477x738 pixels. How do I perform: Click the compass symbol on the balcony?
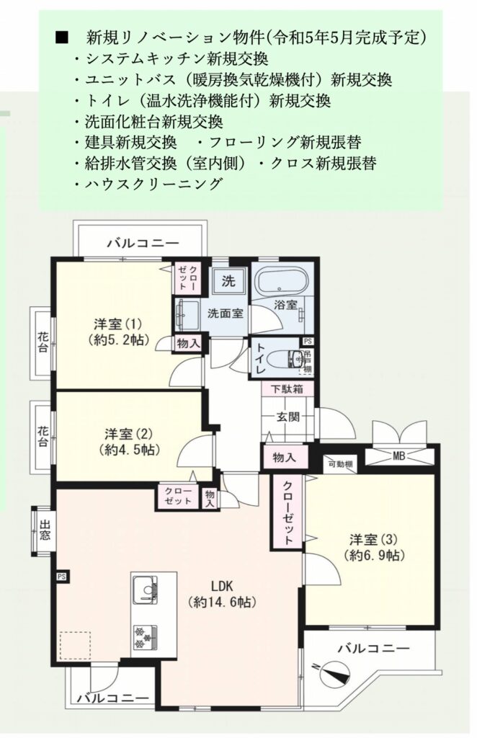(335, 674)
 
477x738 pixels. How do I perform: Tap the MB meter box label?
(400, 456)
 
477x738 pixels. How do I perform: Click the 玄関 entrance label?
(288, 416)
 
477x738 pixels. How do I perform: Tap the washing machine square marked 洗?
(228, 281)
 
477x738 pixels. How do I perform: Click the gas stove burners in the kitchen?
(145, 637)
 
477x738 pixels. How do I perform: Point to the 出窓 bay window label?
(45, 530)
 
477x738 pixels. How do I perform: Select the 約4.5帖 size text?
(130, 450)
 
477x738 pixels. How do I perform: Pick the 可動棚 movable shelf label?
(339, 464)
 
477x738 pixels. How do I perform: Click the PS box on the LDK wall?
(62, 576)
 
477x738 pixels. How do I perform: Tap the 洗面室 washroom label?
(226, 313)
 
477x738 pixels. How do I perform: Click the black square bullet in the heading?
(62, 37)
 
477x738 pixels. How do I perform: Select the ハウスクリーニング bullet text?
(153, 183)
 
